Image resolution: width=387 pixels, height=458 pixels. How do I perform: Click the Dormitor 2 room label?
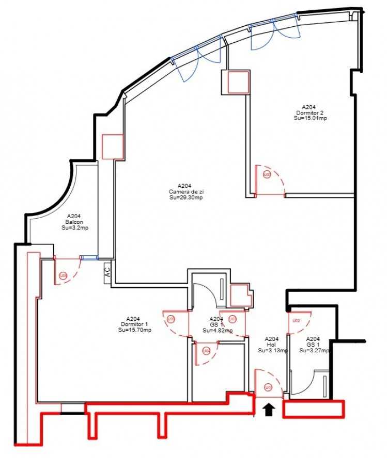310,112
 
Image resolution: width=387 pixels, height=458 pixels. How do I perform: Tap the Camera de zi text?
185,191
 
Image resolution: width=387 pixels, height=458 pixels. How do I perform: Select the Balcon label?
74,222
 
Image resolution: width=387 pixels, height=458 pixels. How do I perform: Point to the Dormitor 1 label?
134,324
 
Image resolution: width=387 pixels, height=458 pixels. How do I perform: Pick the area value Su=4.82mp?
217,331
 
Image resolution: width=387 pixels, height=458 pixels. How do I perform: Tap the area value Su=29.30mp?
185,198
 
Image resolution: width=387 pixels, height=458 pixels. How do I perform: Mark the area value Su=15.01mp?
310,118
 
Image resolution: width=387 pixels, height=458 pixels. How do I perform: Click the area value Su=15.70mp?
134,330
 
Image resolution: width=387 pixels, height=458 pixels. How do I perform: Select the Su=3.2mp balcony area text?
74,228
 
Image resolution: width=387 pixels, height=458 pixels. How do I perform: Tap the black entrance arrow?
268,410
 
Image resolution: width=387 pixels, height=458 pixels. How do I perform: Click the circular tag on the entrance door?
268,387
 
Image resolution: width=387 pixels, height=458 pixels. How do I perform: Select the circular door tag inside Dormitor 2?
267,175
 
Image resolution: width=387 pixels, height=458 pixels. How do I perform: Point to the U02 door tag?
297,320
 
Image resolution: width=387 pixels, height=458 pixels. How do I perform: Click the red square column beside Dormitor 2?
235,82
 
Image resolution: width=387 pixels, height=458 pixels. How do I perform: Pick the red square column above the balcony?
113,146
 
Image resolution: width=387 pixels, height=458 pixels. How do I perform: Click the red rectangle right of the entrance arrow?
313,410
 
